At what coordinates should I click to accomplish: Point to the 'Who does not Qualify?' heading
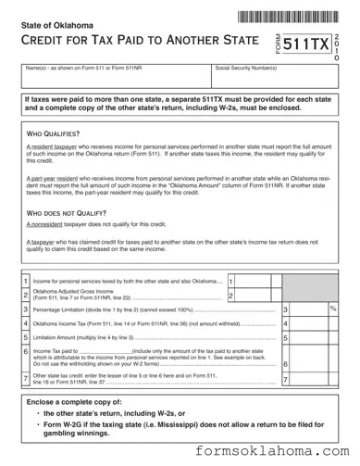(x=66, y=213)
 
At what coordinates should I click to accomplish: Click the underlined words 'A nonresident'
(x=45, y=225)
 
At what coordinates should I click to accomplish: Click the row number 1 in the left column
(x=24, y=279)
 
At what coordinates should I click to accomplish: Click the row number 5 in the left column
(x=24, y=338)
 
